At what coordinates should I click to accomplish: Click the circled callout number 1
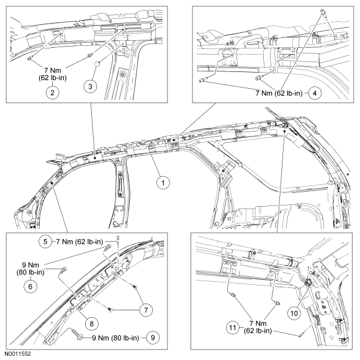[x=163, y=182]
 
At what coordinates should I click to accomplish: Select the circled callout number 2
[x=53, y=92]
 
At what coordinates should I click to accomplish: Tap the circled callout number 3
[x=90, y=86]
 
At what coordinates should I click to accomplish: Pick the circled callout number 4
[x=315, y=93]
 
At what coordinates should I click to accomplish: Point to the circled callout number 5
[x=45, y=241]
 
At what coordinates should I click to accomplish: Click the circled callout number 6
[x=30, y=286]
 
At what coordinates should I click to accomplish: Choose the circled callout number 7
[x=146, y=310]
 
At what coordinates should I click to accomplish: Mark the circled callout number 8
[x=92, y=324]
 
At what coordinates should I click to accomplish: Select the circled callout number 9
[x=153, y=338]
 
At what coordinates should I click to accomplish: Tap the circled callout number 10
[x=294, y=313]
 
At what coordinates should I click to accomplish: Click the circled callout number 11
[x=233, y=328]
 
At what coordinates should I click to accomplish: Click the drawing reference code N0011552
[x=17, y=354]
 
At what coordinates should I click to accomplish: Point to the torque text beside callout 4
[x=279, y=93]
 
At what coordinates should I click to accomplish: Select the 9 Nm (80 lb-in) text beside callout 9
[x=115, y=338]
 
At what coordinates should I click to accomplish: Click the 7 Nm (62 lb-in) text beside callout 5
[x=79, y=241]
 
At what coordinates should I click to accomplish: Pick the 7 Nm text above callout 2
[x=53, y=70]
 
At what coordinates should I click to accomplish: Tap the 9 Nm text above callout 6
[x=30, y=265]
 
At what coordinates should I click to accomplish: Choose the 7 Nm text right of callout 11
[x=258, y=323]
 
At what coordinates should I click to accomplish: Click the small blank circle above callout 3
[x=98, y=64]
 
